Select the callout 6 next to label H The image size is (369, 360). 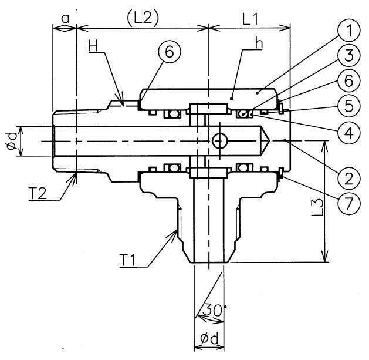169,52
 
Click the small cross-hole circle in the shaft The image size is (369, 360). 220,140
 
